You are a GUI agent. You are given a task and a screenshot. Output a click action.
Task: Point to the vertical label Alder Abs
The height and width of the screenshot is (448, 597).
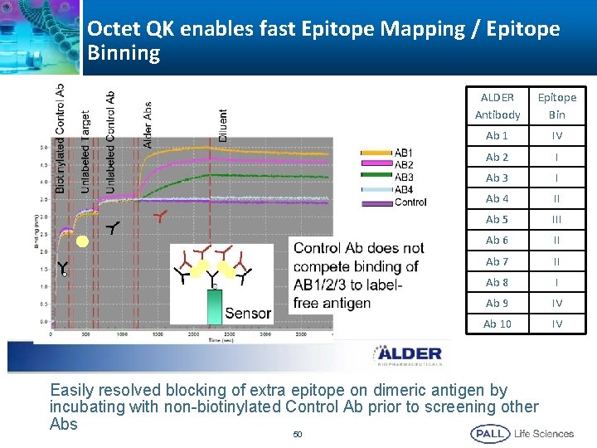point(148,125)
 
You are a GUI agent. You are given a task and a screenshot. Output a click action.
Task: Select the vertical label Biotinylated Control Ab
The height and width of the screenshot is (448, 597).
point(60,138)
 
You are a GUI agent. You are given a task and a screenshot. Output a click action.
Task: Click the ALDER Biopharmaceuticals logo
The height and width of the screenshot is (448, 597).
point(406,355)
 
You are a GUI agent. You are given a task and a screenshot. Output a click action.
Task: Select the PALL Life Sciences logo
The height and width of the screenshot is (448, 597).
point(522,433)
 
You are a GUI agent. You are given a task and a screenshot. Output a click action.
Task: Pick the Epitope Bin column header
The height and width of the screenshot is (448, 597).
point(556,105)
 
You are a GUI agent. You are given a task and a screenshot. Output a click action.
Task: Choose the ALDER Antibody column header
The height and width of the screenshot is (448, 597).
point(498,105)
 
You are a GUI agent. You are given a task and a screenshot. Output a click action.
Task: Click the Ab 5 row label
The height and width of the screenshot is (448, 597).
point(498,219)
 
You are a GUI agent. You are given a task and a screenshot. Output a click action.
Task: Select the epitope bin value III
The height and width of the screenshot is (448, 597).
point(556,219)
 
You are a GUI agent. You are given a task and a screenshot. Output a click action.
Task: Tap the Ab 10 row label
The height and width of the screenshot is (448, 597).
point(498,324)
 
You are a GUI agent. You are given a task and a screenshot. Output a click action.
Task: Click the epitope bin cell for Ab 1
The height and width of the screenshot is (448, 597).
point(556,135)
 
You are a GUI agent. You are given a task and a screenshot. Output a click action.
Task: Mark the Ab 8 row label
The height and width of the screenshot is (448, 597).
point(498,282)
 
